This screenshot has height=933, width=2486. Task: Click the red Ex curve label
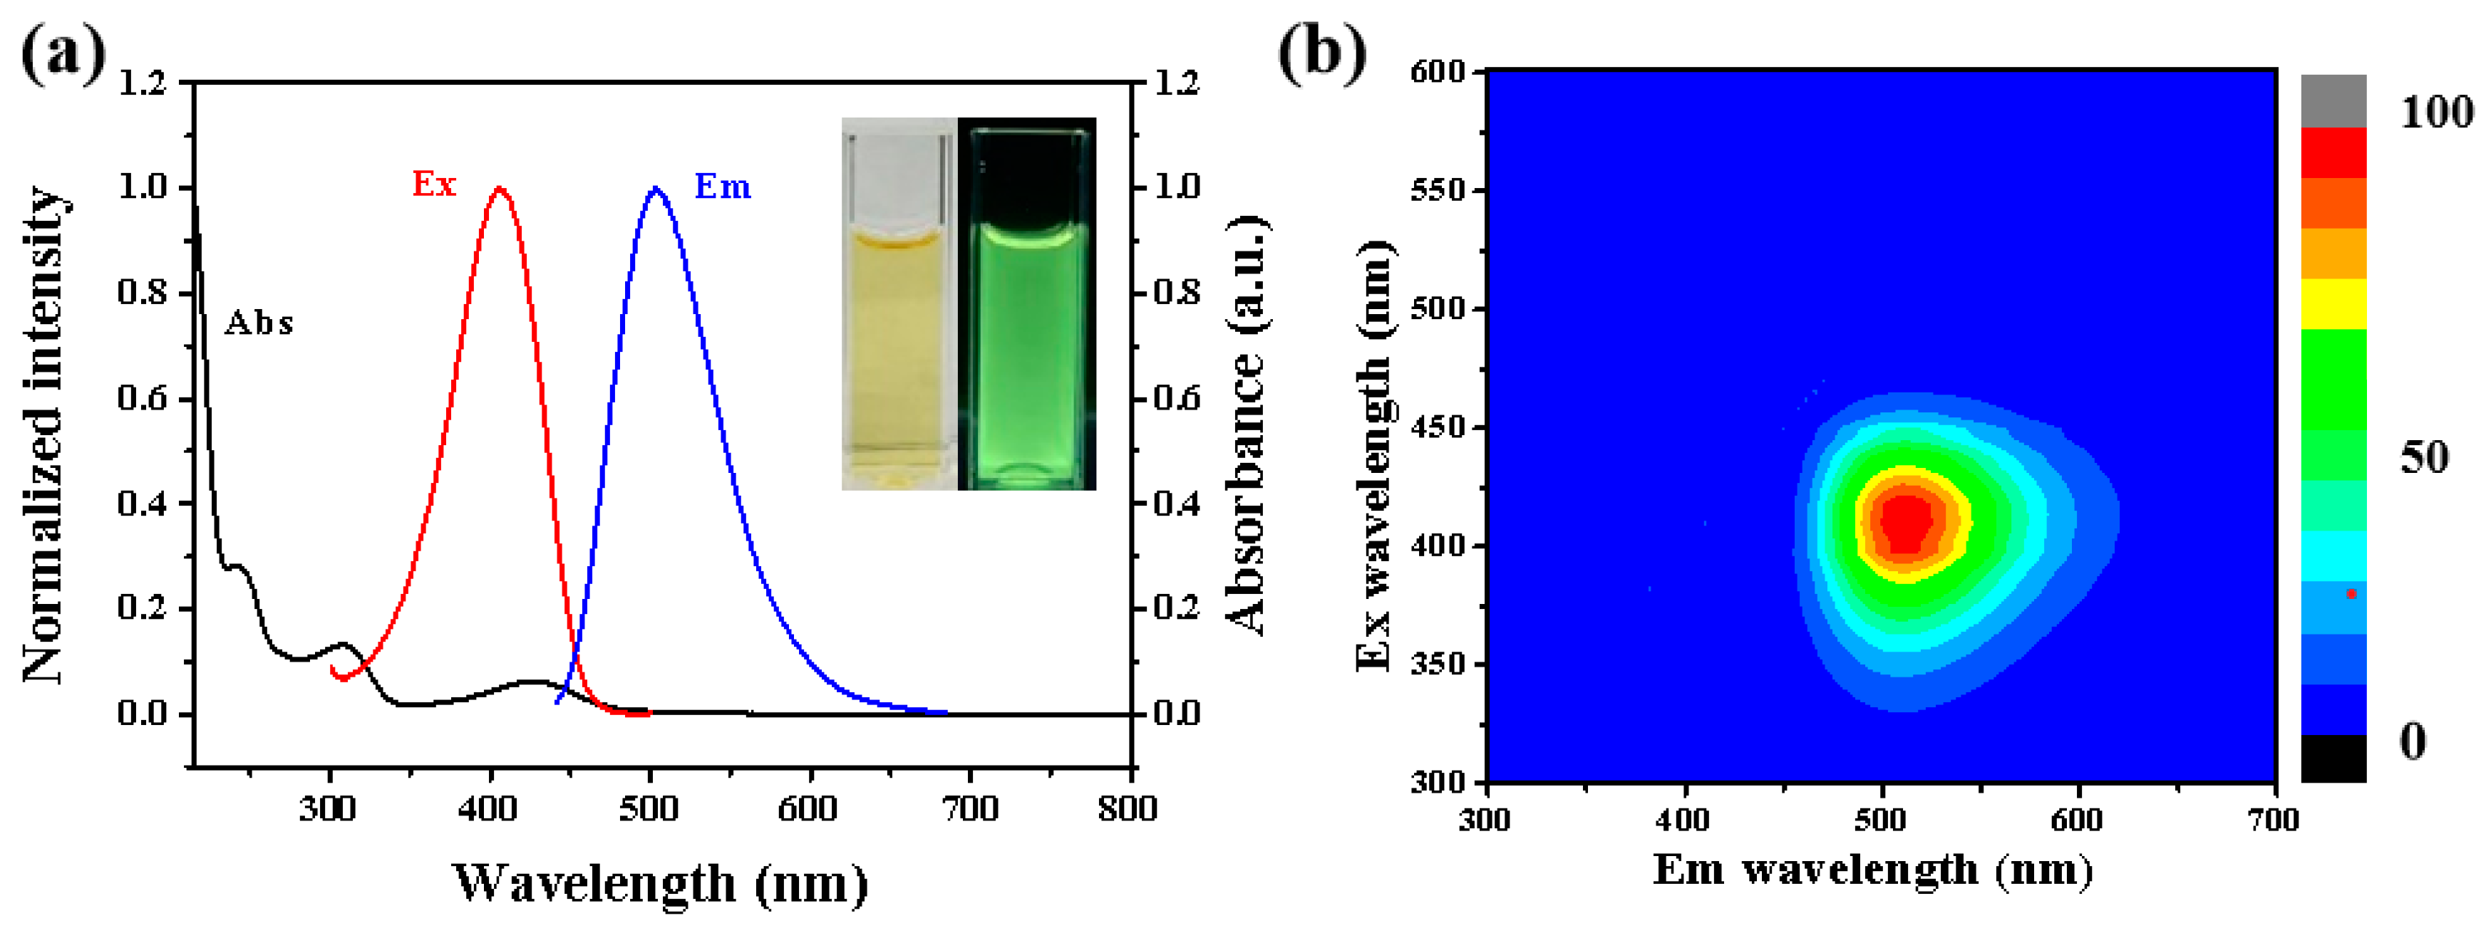[x=433, y=183]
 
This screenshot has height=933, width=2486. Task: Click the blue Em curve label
[x=722, y=186]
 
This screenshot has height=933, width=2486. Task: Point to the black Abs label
[x=259, y=323]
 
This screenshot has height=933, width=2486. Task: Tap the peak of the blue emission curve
[x=656, y=189]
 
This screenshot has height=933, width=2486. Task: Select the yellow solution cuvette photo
[x=899, y=304]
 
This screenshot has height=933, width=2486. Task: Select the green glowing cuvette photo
[x=1027, y=304]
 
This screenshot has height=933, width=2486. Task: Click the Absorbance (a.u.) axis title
[x=1248, y=424]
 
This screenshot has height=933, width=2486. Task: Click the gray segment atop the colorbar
[x=2333, y=100]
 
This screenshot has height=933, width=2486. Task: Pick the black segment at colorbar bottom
[x=2333, y=759]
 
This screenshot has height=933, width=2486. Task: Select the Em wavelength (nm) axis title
[x=1872, y=870]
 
